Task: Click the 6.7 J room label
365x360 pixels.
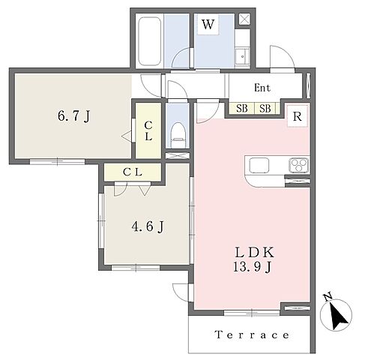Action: click(73, 116)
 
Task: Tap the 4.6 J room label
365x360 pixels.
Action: click(148, 226)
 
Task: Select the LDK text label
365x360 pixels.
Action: click(254, 253)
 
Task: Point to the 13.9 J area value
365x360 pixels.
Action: click(252, 267)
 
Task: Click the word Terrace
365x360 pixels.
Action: click(252, 334)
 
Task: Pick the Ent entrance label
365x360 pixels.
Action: click(262, 88)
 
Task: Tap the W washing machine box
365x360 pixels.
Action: click(208, 24)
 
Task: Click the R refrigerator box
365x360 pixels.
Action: click(298, 116)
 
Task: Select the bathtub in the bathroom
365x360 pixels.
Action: click(150, 41)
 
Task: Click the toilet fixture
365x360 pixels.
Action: click(178, 135)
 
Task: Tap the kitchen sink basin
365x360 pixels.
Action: click(259, 165)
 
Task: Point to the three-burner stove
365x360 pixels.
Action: click(299, 165)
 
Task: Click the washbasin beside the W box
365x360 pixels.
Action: click(242, 57)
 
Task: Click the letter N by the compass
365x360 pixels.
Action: click(328, 297)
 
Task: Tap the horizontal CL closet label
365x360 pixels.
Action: click(133, 172)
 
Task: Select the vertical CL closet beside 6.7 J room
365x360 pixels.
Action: click(148, 130)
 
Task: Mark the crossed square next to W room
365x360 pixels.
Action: click(244, 19)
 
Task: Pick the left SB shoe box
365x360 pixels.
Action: click(242, 109)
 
